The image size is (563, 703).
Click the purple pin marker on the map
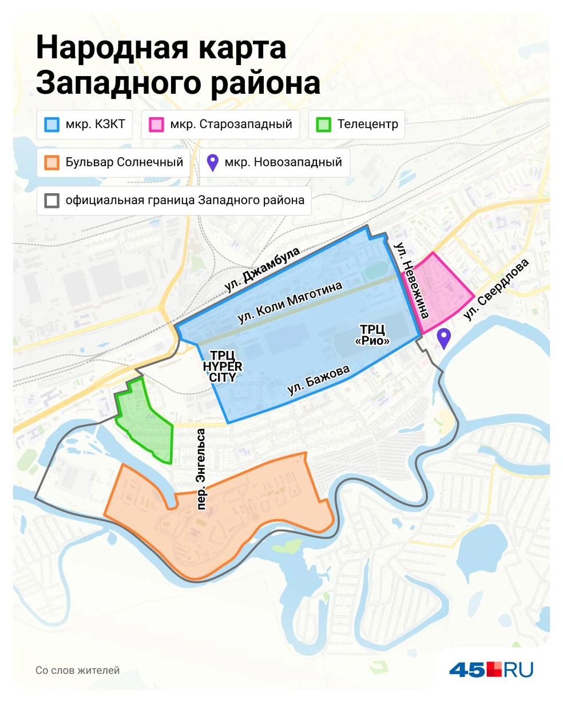tap(443, 338)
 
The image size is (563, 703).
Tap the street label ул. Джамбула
tap(263, 270)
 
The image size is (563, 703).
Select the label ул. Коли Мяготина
tap(290, 303)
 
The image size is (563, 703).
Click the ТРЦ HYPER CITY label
tap(223, 366)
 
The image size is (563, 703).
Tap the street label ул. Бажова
tap(318, 381)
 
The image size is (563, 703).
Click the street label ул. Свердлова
tap(496, 290)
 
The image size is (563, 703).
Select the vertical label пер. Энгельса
tap(200, 469)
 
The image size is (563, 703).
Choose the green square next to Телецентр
tap(324, 125)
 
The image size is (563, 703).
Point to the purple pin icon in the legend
tap(212, 162)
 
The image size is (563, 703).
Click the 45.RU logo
tap(491, 669)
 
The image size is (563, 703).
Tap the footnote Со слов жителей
tap(77, 670)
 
